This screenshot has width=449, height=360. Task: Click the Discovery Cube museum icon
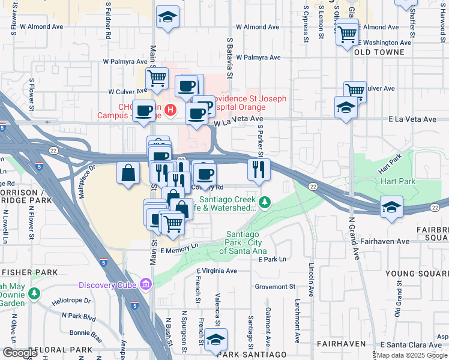tap(145, 283)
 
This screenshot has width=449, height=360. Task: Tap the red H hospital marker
tap(171, 110)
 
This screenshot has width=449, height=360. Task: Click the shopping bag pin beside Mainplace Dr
tap(128, 174)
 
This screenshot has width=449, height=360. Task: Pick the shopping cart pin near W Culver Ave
tap(157, 78)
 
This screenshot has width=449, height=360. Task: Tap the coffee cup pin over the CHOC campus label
tap(144, 111)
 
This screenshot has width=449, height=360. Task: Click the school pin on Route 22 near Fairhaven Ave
tap(391, 208)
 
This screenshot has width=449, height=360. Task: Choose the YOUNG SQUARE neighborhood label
tap(416, 274)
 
